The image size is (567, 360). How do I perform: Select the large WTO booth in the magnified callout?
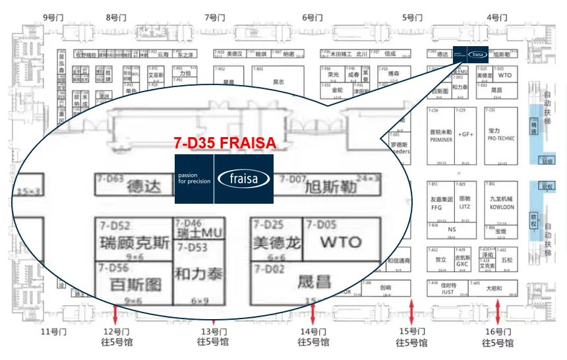pos(340,242)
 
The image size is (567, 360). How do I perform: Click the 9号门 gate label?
pos(53,18)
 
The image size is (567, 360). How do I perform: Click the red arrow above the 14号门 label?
pos(313,313)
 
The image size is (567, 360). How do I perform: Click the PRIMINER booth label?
pos(441,139)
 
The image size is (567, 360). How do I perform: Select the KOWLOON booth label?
pos(502,207)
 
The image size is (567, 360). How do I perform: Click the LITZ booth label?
pos(465,206)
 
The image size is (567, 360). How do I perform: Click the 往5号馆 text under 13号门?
pos(213,342)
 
